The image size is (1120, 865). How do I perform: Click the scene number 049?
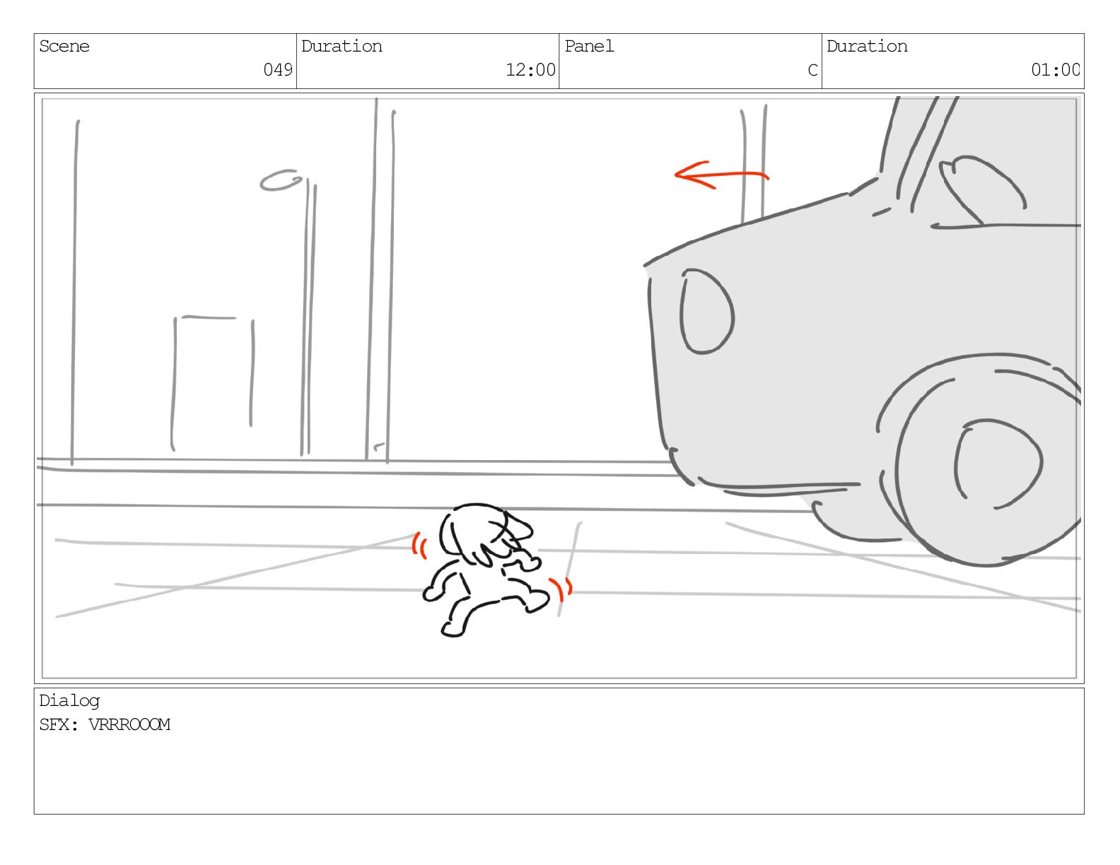[277, 69]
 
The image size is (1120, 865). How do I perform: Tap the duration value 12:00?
[530, 69]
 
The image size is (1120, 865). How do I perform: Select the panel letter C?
[812, 69]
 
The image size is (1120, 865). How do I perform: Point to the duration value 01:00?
[1055, 69]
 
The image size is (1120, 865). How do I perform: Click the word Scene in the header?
[64, 47]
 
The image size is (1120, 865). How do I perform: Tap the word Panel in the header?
[589, 47]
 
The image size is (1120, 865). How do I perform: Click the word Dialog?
[69, 701]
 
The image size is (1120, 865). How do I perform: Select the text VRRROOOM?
[129, 724]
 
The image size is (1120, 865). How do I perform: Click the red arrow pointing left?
[721, 175]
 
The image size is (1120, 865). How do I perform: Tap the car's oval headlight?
[707, 312]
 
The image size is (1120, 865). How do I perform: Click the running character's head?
[484, 534]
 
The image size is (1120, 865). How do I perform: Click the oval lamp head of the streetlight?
[281, 180]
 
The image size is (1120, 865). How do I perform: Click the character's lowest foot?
[453, 630]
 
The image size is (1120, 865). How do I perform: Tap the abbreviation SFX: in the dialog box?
[59, 724]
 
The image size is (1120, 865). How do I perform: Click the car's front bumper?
[773, 487]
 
